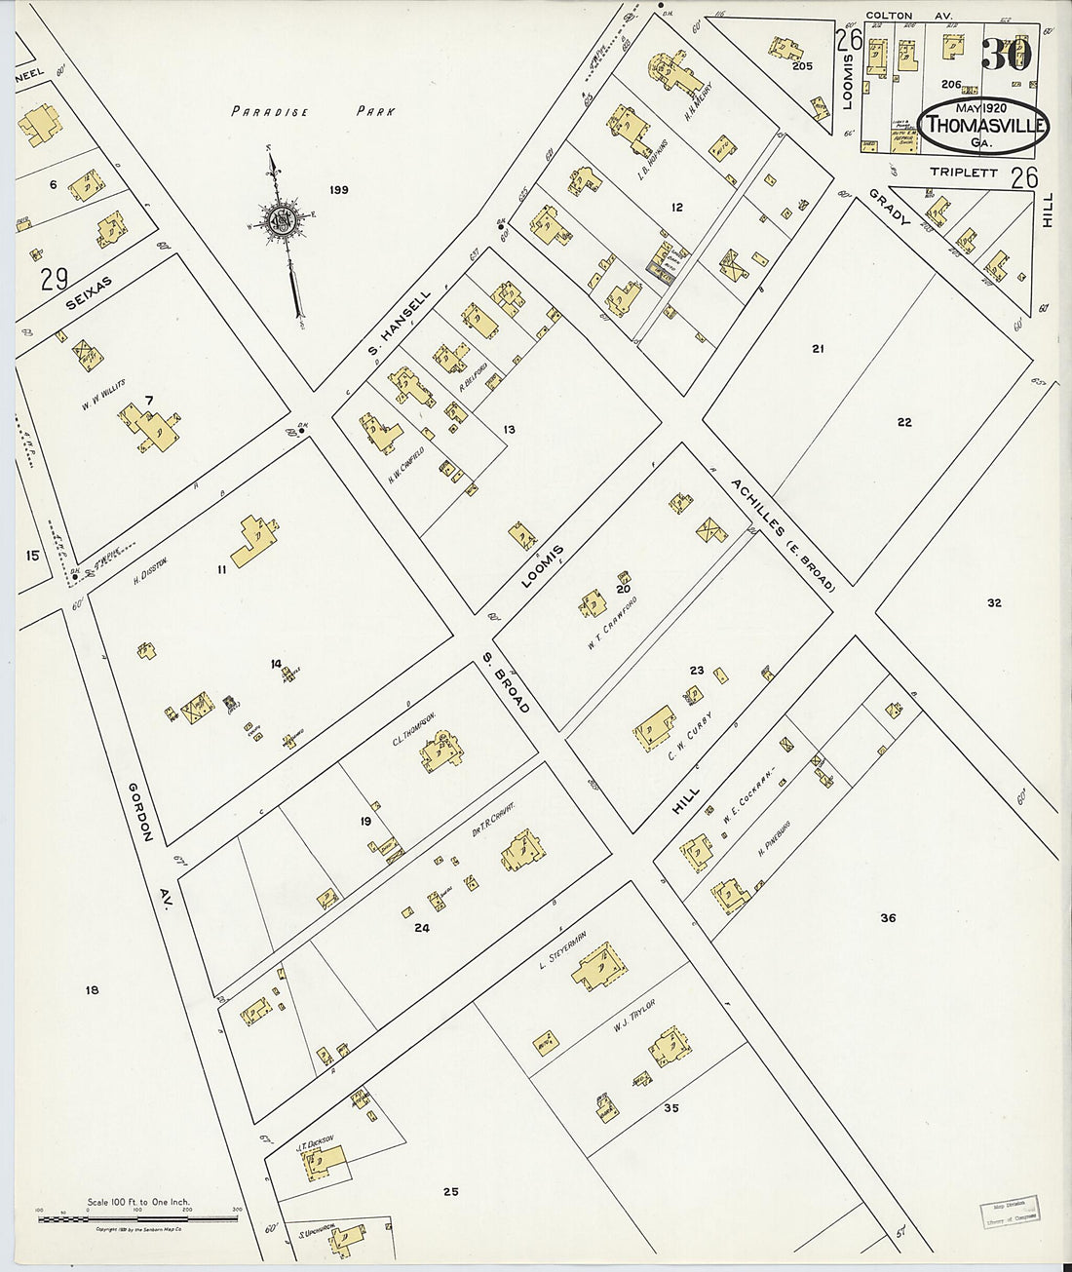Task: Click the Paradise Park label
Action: [x=313, y=111]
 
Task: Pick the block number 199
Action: [x=338, y=189]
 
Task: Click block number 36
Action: [x=887, y=917]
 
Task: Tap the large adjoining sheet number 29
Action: [x=54, y=280]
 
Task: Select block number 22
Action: [x=903, y=421]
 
